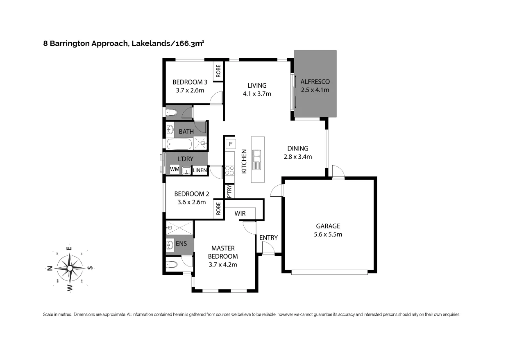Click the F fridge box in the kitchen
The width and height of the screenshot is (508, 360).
[x=231, y=144]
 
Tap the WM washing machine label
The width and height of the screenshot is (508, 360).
[x=175, y=169]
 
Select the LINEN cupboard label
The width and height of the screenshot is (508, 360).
[x=200, y=170]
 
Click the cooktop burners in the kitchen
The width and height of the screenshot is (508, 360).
[x=229, y=171]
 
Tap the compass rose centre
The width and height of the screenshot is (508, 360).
[x=70, y=268]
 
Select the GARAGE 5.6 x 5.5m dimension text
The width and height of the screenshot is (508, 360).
[x=328, y=235]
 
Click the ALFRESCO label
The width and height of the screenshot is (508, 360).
[x=315, y=82]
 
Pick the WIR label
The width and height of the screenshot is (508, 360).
[x=240, y=213]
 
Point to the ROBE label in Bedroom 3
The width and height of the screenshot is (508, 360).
[x=218, y=71]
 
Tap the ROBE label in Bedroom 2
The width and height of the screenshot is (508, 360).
[x=218, y=208]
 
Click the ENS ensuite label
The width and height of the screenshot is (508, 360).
[x=181, y=244]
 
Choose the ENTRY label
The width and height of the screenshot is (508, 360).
[x=268, y=237]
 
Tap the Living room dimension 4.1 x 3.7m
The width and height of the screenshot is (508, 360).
[x=257, y=93]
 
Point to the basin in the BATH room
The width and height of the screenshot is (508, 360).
[x=170, y=130]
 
